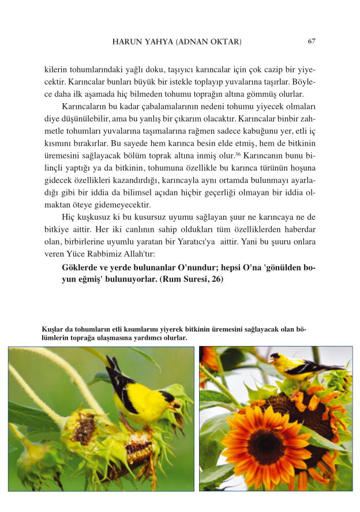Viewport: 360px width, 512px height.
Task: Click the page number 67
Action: click(312, 42)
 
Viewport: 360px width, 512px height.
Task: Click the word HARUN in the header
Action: click(127, 42)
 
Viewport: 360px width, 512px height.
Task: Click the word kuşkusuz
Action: click(88, 217)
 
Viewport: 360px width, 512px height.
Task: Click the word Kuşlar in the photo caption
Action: click(52, 329)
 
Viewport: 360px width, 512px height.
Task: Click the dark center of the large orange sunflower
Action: click(266, 447)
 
